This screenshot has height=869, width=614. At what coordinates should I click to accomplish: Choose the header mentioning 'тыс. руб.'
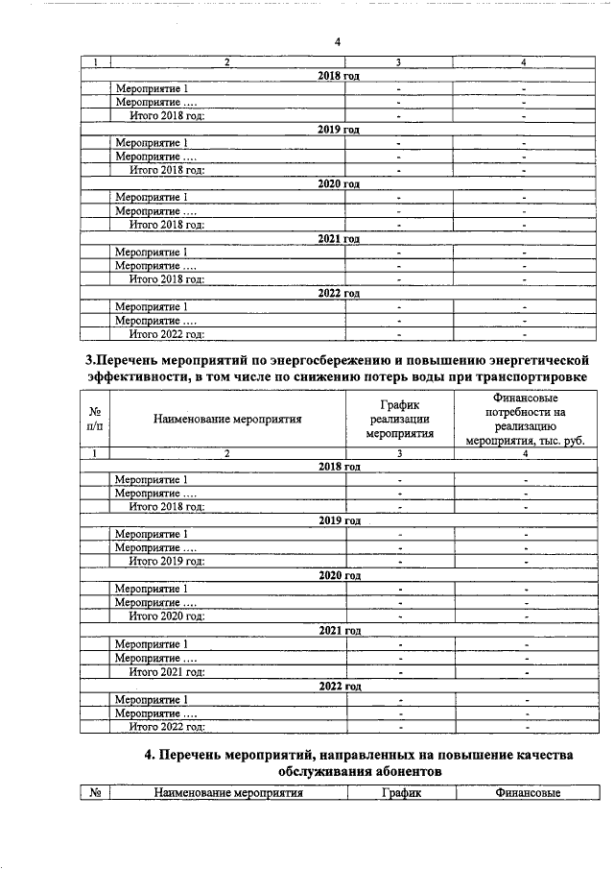[x=525, y=419]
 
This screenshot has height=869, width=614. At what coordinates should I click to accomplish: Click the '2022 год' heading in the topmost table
[x=339, y=293]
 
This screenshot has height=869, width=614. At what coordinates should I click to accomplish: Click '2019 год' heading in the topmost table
[x=339, y=128]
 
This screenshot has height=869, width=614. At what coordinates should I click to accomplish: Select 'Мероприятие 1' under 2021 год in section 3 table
[x=151, y=643]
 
